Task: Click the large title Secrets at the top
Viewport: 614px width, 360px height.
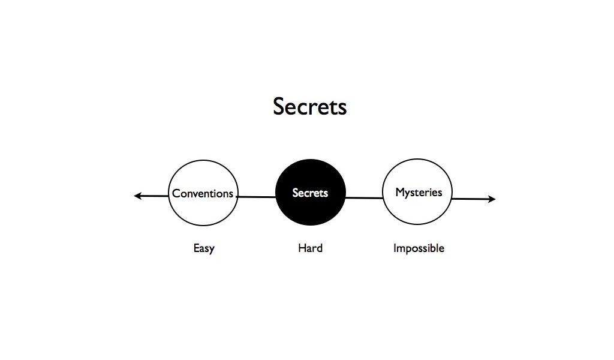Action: pos(309,107)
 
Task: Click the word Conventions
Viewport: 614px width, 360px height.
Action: pos(203,194)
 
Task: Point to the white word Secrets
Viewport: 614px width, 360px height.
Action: pos(310,193)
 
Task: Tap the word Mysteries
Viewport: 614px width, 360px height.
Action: pos(419,193)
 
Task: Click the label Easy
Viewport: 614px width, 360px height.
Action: pos(204,248)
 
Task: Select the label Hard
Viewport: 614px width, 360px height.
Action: pos(310,248)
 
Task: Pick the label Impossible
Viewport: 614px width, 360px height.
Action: pos(419,248)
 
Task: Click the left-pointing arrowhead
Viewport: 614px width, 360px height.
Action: pos(137,196)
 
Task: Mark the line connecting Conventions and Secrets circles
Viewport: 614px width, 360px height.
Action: pos(257,197)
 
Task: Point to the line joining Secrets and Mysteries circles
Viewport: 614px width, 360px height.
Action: pos(364,197)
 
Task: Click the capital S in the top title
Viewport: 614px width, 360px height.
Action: pos(279,107)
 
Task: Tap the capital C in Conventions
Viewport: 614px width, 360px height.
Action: pos(176,194)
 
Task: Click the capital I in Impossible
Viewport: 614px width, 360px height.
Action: pos(395,248)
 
